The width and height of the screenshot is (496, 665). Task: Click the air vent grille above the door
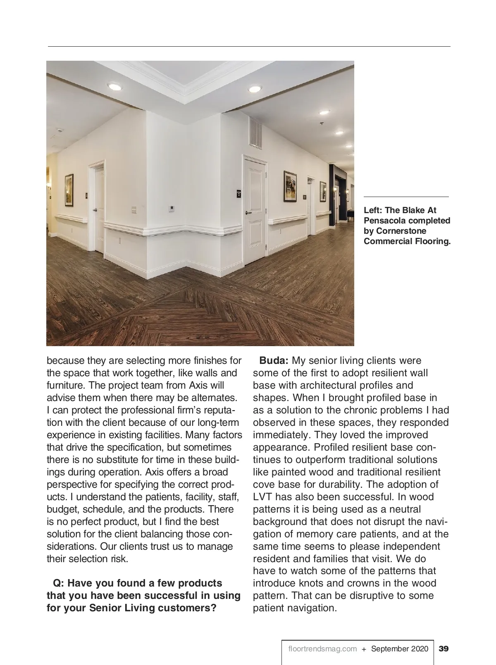pos(255,133)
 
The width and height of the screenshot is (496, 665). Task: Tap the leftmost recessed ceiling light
pos(114,86)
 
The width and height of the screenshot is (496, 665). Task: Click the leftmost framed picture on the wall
pos(69,190)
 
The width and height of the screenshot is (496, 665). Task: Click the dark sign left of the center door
pos(238,192)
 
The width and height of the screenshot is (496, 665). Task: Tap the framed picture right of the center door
pos(290,186)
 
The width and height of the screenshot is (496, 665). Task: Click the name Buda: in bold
pos(274,361)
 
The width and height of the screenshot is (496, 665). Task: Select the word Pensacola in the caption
pos(384,221)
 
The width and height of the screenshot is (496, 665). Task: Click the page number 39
pos(444,648)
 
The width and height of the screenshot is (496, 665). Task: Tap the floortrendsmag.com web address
pos(322,648)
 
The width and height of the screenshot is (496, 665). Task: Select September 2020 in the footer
pos(400,648)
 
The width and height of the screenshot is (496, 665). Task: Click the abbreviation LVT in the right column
pos(262,497)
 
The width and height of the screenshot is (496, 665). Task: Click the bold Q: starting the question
pos(59,583)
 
